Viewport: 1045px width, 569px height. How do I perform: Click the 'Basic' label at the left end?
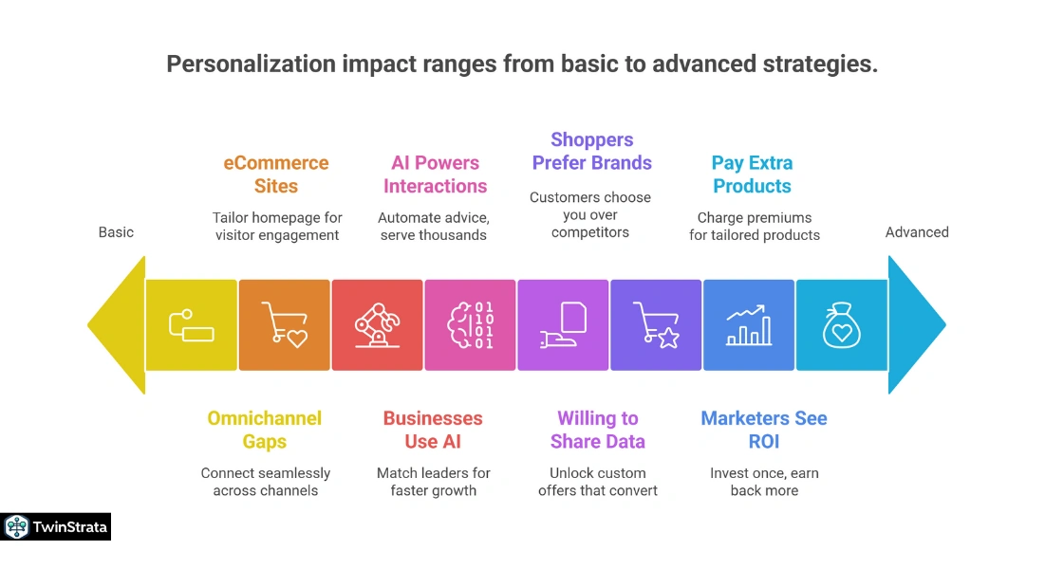[116, 232]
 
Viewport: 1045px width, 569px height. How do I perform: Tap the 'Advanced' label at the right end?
[916, 232]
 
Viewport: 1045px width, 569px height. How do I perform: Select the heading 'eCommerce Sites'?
[276, 174]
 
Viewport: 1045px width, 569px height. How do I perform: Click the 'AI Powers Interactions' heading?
[435, 174]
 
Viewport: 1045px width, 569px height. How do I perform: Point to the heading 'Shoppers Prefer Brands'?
[591, 152]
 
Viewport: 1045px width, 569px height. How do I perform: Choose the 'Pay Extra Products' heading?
[752, 174]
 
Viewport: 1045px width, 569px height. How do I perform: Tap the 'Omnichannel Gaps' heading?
[265, 430]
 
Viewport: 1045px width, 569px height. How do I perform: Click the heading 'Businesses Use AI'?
[433, 430]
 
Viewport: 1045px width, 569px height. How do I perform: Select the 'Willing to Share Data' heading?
[598, 430]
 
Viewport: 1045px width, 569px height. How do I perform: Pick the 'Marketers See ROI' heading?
[764, 430]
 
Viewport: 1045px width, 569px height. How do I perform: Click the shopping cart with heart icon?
[284, 325]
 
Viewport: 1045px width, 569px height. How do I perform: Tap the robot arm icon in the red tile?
[377, 325]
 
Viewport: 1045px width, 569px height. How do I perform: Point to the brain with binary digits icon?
[470, 325]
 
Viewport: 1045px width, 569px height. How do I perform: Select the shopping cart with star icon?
[656, 325]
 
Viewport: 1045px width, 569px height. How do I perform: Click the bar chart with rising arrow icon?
[749, 325]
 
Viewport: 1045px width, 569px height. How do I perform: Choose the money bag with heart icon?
[840, 325]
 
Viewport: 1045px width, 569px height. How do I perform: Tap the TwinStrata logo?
[56, 527]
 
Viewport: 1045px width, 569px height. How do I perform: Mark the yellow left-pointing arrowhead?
[117, 325]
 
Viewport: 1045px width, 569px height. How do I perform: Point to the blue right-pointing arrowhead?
[915, 325]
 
